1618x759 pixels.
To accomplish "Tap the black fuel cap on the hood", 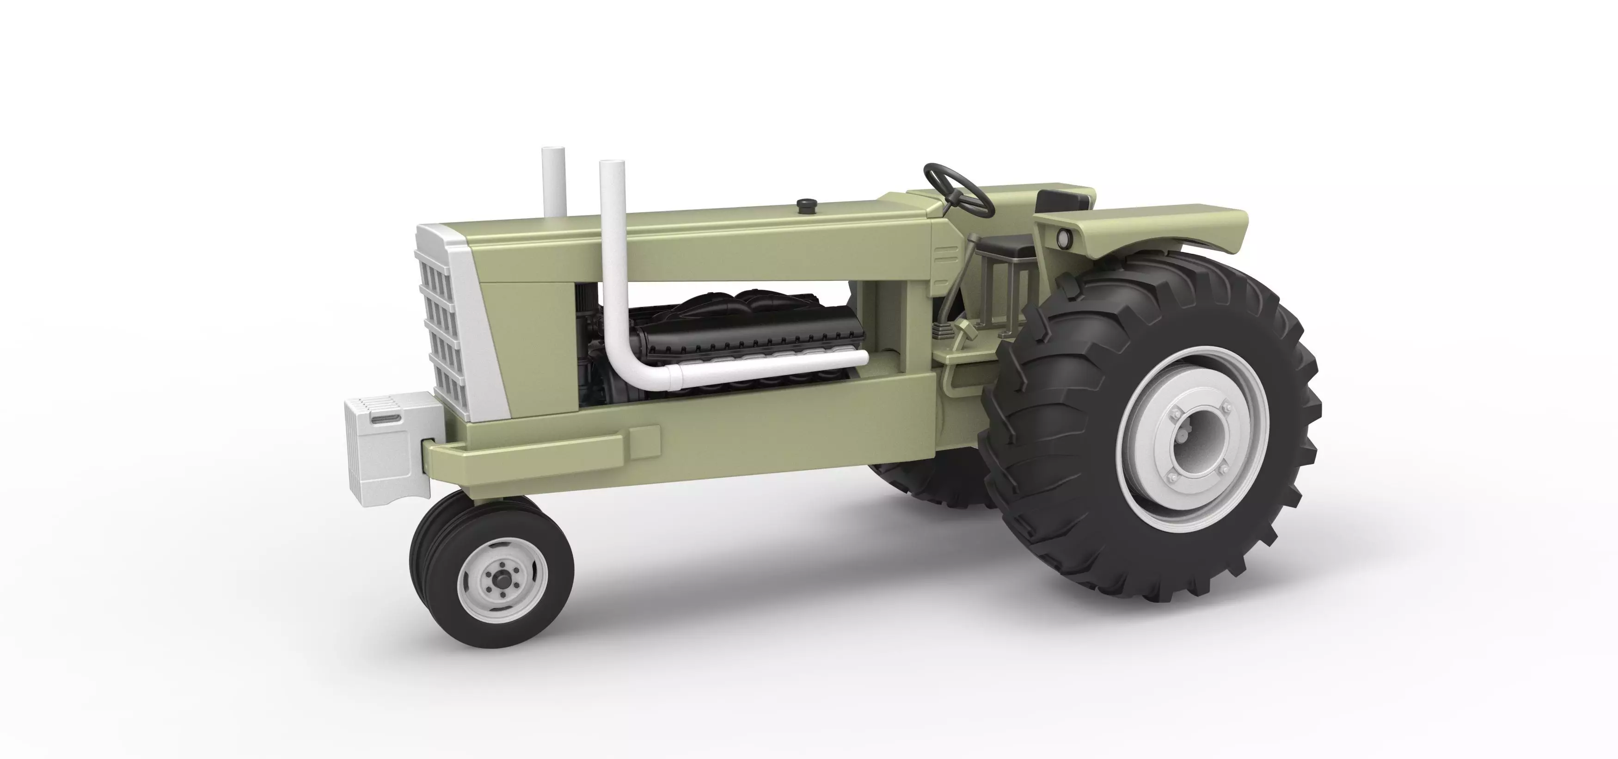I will (x=806, y=205).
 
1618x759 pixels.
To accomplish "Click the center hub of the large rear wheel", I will (x=1194, y=439).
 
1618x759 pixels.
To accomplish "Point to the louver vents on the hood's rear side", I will (x=946, y=256).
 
